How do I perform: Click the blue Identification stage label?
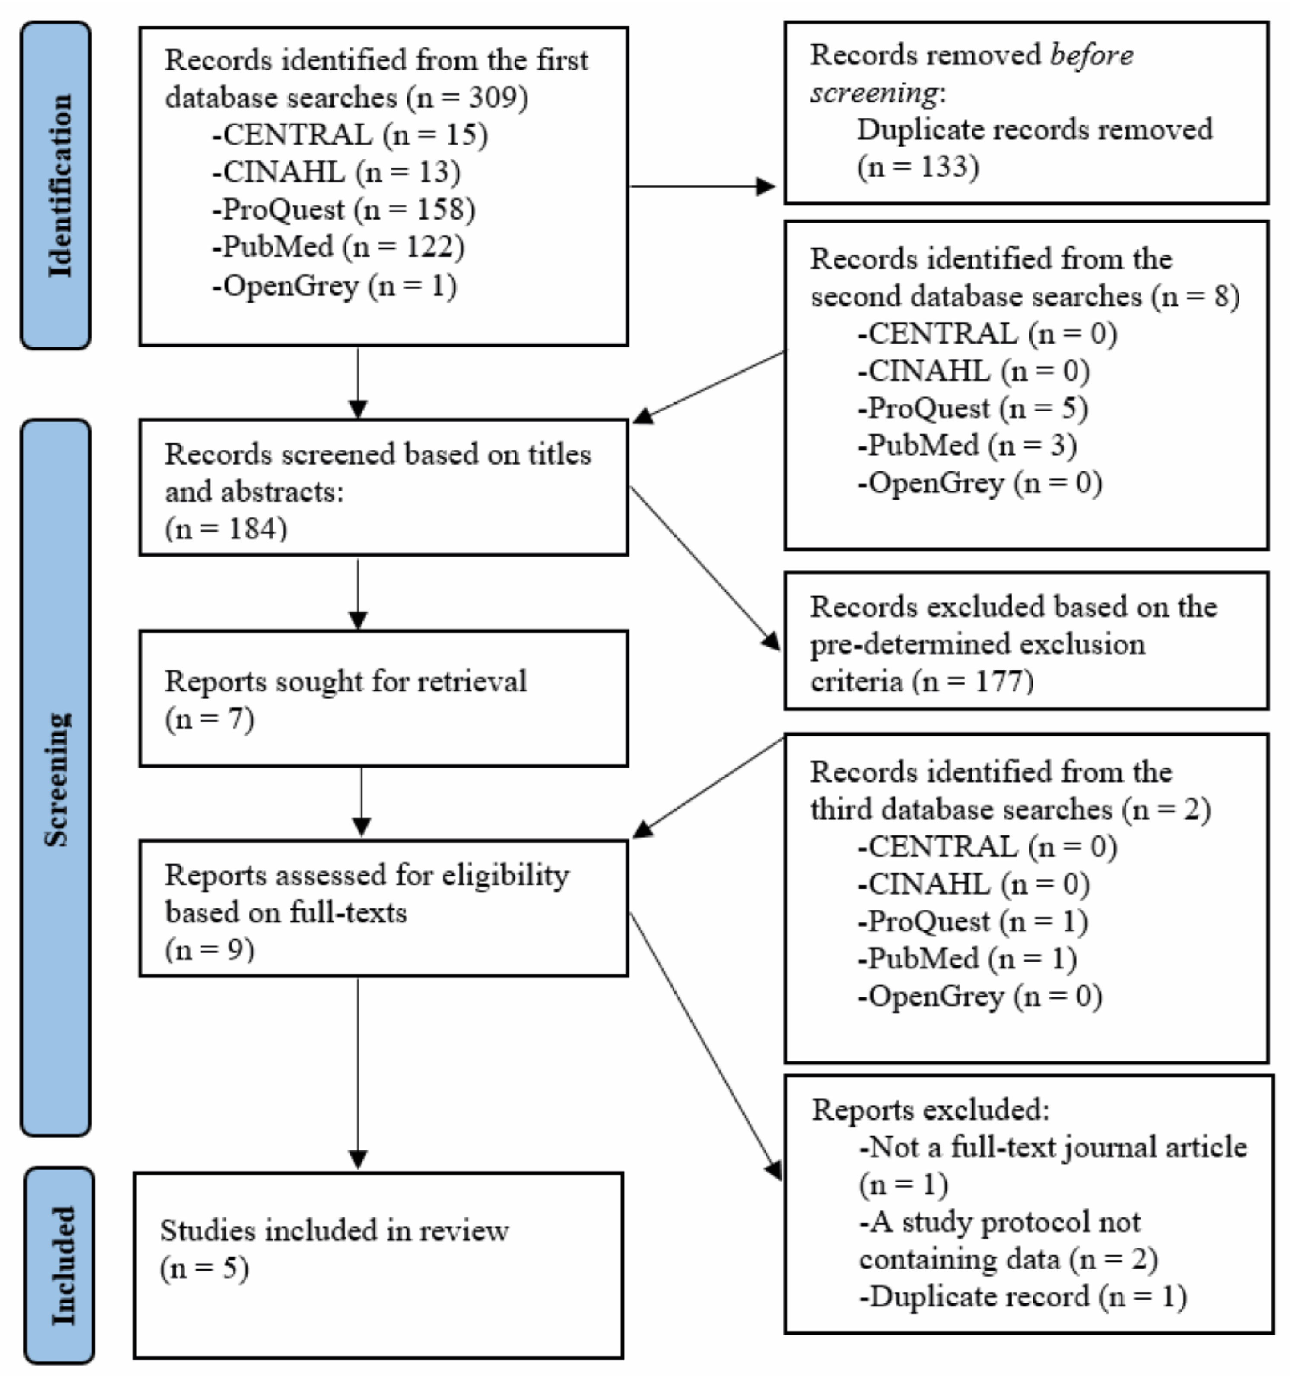pyautogui.click(x=57, y=185)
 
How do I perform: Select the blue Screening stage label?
pyautogui.click(x=57, y=779)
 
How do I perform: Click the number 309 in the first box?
pyautogui.click(x=493, y=98)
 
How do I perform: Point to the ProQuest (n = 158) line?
pyautogui.click(x=344, y=210)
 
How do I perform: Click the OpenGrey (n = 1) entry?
pyautogui.click(x=334, y=285)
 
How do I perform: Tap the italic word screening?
pyautogui.click(x=874, y=92)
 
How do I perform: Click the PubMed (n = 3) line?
pyautogui.click(x=967, y=445)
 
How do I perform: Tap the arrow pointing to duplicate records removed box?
pyautogui.click(x=764, y=186)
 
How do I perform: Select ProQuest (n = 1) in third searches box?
pyautogui.click(x=972, y=921)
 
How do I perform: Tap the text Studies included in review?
pyautogui.click(x=334, y=1231)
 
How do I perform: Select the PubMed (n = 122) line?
pyautogui.click(x=338, y=247)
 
